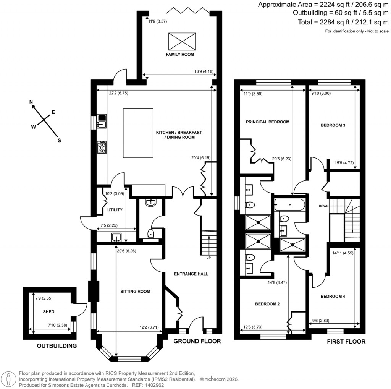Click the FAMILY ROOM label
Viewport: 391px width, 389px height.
tap(180, 55)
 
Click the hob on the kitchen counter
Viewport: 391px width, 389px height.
tap(102, 147)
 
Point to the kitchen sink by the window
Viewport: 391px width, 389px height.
tap(102, 121)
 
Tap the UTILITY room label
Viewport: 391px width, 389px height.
tap(115, 210)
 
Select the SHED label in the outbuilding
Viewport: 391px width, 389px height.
tap(49, 312)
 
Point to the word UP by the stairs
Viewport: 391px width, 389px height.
tap(208, 257)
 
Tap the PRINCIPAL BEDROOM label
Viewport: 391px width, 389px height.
tap(267, 122)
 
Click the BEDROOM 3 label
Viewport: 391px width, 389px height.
tap(333, 125)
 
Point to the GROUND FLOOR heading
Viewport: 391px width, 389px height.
tap(197, 341)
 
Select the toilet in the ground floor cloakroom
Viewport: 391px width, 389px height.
tap(151, 233)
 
